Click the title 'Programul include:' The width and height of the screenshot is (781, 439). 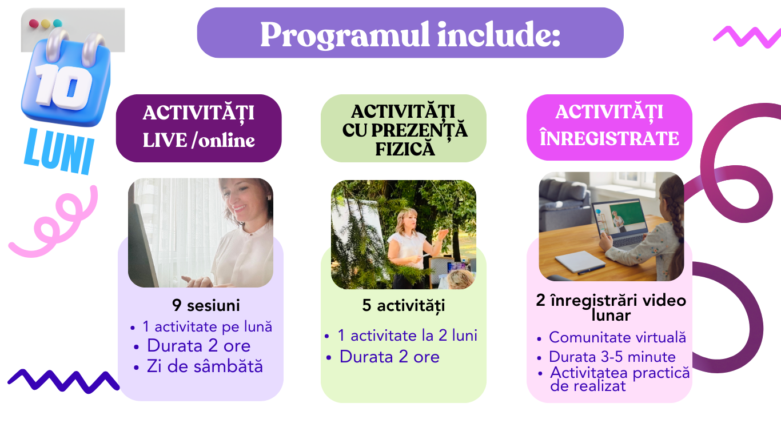(410, 34)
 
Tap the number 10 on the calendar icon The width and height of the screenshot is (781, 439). (63, 86)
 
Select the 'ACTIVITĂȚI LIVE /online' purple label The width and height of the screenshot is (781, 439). (199, 128)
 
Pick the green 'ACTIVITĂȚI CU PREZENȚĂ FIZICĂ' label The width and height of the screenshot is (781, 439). (404, 128)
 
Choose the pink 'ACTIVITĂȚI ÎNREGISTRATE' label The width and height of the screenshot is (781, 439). (609, 127)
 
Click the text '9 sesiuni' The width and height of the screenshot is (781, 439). (206, 305)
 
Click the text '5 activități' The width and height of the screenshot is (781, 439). (404, 306)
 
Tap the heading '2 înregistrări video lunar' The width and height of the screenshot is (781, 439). (611, 308)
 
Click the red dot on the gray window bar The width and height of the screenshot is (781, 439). (34, 23)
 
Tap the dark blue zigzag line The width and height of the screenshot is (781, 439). (63, 381)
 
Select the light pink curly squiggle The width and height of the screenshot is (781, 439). (52, 223)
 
